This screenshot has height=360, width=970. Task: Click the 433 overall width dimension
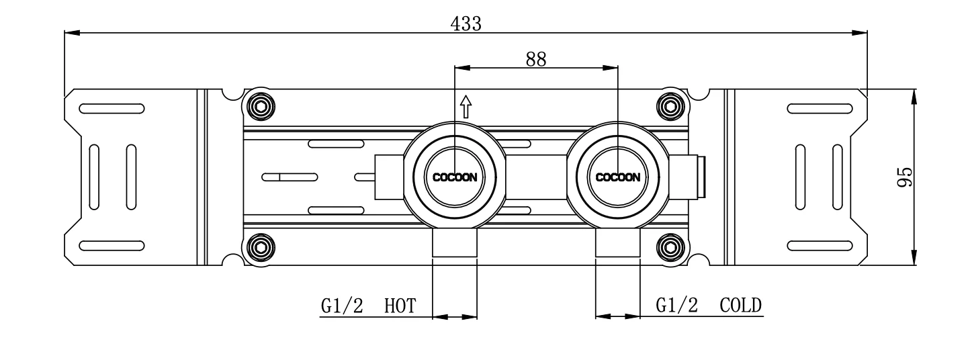coord(466,24)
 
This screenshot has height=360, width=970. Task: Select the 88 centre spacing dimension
coord(535,59)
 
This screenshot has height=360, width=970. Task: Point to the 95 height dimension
coord(905,177)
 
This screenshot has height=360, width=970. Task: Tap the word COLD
coord(740,306)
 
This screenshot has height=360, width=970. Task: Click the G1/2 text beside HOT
coord(341,306)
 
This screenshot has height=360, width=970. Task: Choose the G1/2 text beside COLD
coord(676,306)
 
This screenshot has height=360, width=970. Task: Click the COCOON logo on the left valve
coord(455,178)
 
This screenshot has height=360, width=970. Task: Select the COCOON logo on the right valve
coord(617,178)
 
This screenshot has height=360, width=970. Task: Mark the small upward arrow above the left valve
coord(466,105)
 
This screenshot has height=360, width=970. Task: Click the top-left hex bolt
coord(261,105)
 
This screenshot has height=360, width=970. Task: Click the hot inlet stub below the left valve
coord(455,243)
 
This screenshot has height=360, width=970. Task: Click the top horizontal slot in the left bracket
coord(111,108)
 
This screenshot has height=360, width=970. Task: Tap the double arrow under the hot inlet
coord(455,315)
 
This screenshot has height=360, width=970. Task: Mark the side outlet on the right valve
coord(687,177)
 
